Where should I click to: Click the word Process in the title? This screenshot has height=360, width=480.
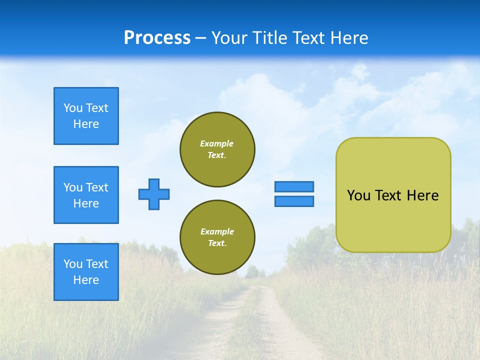(x=157, y=38)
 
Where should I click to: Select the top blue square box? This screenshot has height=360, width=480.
(x=86, y=116)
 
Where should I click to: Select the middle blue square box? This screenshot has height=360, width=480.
(x=86, y=195)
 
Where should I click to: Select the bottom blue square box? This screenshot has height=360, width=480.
(x=86, y=272)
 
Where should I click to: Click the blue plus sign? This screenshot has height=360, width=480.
(x=154, y=194)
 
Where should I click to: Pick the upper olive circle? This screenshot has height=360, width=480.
(x=217, y=149)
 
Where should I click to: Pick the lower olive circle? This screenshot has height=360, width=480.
(x=217, y=237)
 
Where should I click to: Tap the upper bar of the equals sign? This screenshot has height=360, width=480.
(x=294, y=186)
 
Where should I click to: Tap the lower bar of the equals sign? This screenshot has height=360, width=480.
(x=294, y=201)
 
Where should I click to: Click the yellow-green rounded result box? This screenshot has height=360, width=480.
(x=393, y=220)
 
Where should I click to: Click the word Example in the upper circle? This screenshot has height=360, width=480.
(x=217, y=143)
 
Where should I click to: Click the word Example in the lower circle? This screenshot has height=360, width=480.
(x=217, y=231)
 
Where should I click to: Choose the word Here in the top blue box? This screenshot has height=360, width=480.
(x=86, y=124)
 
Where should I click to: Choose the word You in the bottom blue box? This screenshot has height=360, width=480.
(x=73, y=264)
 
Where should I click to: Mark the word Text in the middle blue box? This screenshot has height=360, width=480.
(x=97, y=187)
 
